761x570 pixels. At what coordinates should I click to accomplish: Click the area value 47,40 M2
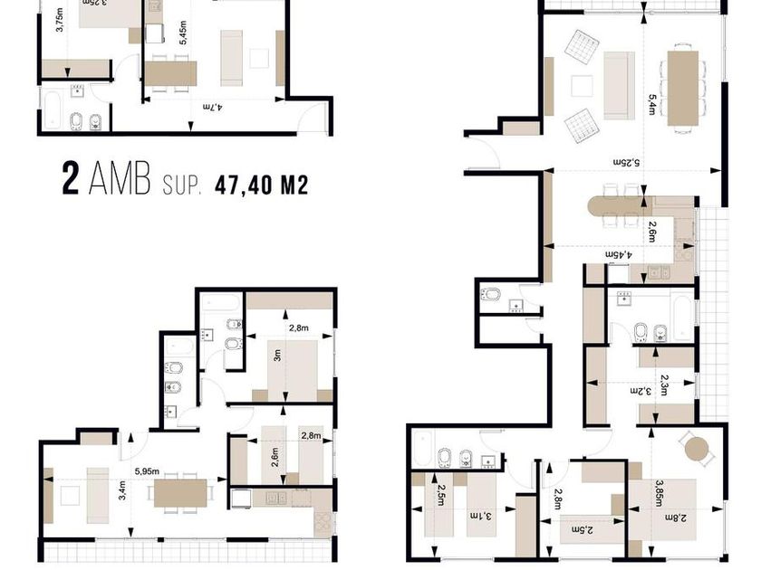tap(262, 185)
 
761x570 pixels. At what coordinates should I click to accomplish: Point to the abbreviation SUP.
tap(184, 186)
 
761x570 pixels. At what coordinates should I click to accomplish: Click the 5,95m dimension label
tap(148, 470)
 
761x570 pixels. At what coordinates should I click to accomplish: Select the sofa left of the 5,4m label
tap(618, 85)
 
